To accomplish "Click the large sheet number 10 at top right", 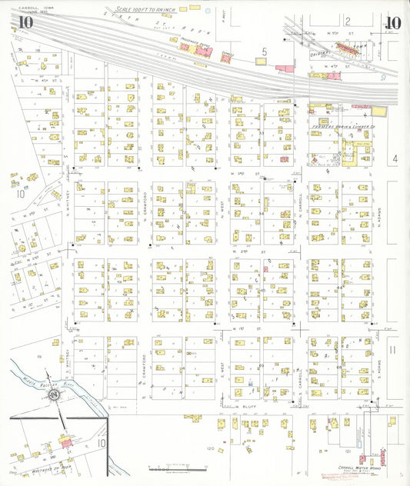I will click(393, 23).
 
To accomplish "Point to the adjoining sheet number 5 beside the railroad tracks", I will click(264, 52).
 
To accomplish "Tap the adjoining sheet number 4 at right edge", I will click(394, 158).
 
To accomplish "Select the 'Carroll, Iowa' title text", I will click(29, 6).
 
